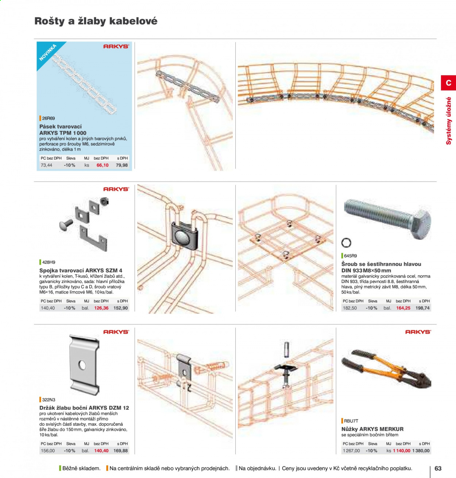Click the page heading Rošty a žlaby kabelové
pos(96,21)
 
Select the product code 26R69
pos(49,118)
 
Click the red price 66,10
pos(103,165)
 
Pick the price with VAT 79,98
pos(122,165)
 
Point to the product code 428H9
pos(49,262)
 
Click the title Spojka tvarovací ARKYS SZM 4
pos(81,271)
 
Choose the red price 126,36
pos(101,308)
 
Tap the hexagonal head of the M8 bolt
pos(421,224)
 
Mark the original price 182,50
pos(350,308)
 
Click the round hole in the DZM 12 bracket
pos(82,365)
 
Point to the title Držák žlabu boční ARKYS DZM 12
pos(84,408)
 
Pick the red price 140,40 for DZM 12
pos(101,451)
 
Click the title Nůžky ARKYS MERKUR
pos(372,429)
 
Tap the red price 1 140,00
pos(402,451)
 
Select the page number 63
pos(438,469)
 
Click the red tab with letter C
pos(448,83)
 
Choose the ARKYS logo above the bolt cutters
pos(418,332)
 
